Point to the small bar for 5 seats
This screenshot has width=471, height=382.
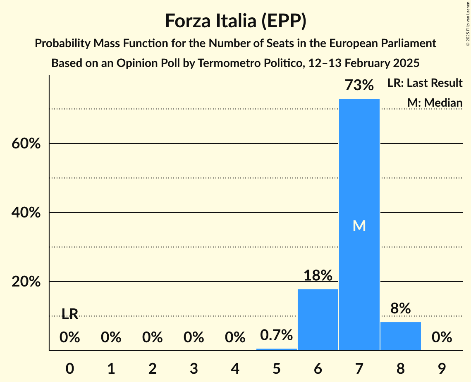[276, 349]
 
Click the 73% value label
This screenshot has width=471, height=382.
[359, 86]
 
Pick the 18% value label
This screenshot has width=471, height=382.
[318, 275]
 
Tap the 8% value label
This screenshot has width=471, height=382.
[400, 308]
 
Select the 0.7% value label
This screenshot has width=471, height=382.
[276, 335]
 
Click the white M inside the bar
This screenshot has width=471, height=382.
[359, 226]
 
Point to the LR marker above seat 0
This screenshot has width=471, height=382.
[69, 314]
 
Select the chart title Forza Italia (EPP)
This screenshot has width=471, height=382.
[235, 21]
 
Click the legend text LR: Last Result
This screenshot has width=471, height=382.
[425, 83]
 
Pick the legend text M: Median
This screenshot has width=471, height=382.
[435, 103]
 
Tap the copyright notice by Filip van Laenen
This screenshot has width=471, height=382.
[468, 25]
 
